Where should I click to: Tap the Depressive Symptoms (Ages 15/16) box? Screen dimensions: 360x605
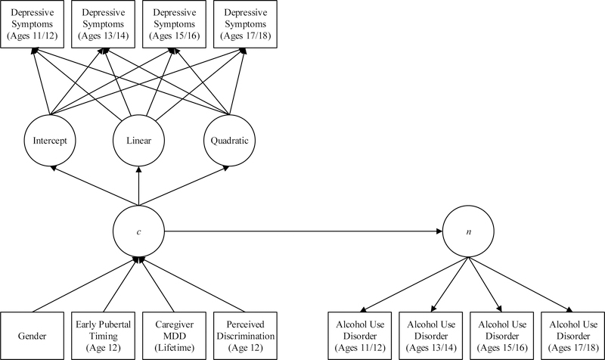[x=173, y=25]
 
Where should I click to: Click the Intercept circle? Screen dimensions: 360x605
[x=47, y=141]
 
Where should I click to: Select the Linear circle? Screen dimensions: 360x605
[x=138, y=141]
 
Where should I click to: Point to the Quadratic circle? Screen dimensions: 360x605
[x=229, y=141]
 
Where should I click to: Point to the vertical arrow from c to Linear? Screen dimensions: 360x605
[x=138, y=186]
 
